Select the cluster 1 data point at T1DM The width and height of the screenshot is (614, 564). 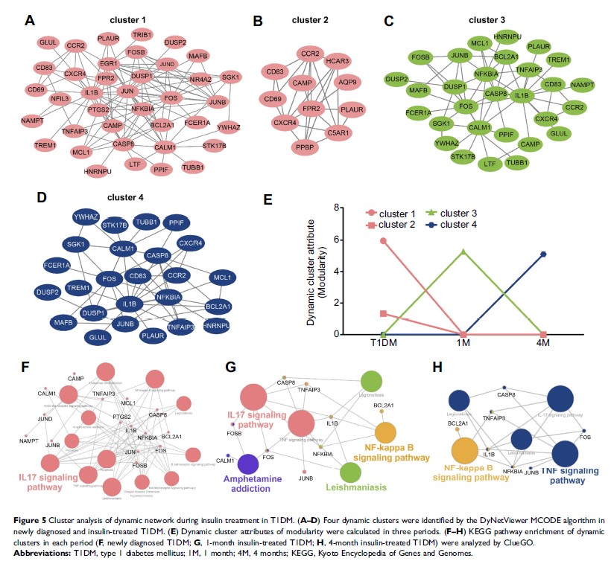383,240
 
